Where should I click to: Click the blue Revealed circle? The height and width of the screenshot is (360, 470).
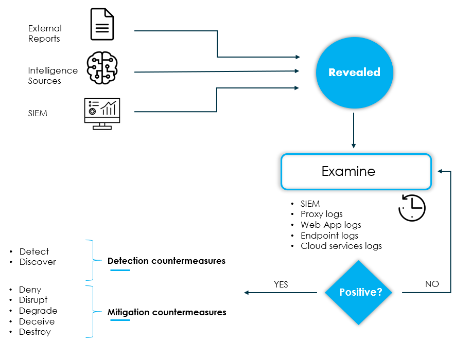pos(354,73)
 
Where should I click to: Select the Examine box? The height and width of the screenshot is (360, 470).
pos(356,171)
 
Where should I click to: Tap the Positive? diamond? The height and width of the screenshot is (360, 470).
pos(360,292)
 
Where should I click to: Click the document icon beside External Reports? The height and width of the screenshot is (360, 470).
pos(102,24)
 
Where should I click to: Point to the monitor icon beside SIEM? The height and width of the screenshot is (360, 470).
pos(102,113)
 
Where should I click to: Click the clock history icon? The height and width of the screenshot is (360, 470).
pos(412,207)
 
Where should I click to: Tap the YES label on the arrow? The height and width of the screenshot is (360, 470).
pos(281,284)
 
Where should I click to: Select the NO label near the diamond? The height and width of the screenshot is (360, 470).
pos(431,284)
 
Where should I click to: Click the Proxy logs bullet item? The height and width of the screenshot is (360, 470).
pos(321,214)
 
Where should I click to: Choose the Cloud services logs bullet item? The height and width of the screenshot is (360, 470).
pos(341,246)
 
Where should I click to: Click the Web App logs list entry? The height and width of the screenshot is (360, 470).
pos(330,225)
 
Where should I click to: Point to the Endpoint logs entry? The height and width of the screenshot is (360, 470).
pos(329,236)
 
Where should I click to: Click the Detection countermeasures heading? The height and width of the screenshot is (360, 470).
pos(166,261)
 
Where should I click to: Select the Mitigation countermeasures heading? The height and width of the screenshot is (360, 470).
pos(166,312)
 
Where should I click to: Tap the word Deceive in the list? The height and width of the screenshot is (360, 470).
pos(37,321)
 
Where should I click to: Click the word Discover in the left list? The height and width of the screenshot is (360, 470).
pos(38,262)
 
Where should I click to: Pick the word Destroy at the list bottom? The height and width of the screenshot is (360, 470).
pos(35,332)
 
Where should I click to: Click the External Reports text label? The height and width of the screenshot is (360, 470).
pos(45,33)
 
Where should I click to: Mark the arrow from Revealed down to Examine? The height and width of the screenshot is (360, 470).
pos(354,131)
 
